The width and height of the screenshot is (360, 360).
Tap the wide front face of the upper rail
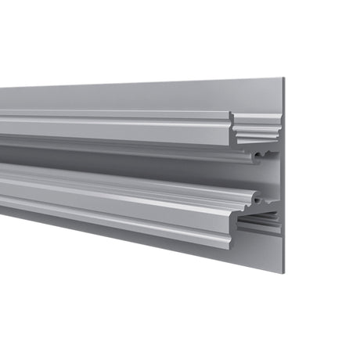point(117,129)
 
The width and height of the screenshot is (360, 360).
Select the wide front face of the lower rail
point(117,211)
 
